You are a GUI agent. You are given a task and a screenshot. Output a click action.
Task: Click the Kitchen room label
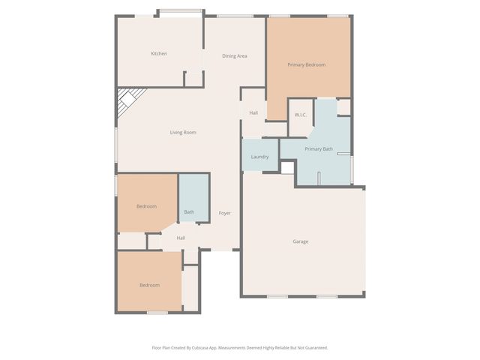(158, 53)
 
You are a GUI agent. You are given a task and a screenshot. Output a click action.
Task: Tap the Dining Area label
(234, 56)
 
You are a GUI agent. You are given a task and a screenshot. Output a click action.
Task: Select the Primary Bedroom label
(307, 64)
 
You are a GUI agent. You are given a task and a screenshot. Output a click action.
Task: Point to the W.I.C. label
(300, 115)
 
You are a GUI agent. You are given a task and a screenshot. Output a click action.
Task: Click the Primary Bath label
(319, 149)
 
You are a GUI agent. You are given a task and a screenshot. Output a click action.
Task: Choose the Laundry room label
(259, 157)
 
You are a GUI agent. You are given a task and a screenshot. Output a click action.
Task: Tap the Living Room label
(183, 133)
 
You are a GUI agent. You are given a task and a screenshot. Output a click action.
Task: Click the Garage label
(300, 241)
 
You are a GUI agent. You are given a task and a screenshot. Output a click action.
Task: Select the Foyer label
(224, 213)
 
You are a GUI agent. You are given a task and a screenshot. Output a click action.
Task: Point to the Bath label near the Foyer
(189, 212)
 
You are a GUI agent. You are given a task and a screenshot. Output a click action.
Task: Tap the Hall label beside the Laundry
(253, 112)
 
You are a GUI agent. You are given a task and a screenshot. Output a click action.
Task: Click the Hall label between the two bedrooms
(181, 238)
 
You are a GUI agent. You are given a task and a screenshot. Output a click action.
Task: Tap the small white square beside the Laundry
(287, 167)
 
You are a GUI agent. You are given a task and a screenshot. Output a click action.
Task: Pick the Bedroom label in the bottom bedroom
(149, 285)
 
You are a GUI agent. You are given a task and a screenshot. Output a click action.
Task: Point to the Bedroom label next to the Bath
(146, 206)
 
